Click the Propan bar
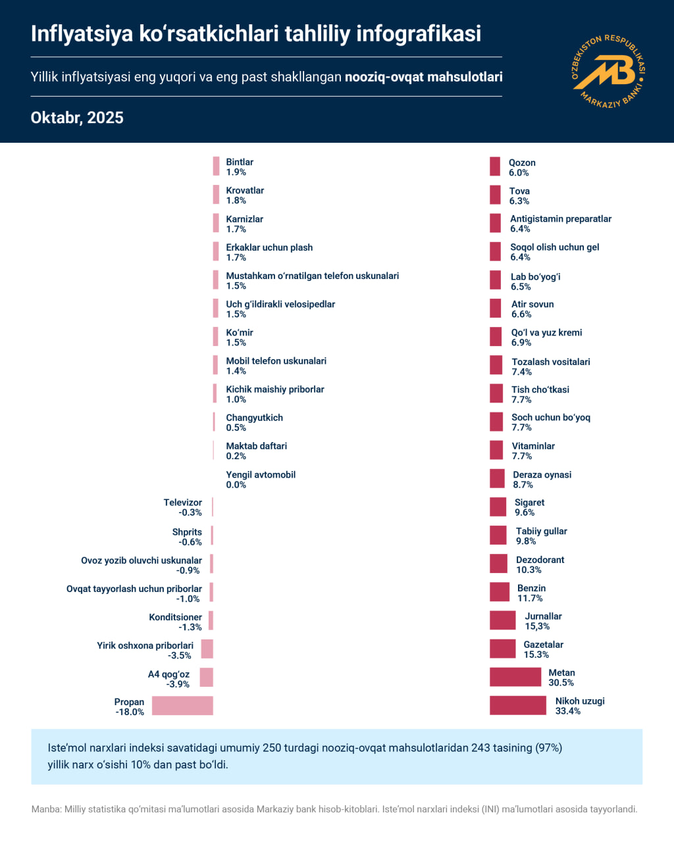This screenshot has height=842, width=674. point(182,706)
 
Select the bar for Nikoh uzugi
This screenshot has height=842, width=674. point(517,705)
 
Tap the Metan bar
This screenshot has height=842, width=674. point(515,677)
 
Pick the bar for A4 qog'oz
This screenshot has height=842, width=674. point(206,678)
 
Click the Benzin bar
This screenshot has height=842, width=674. point(499,592)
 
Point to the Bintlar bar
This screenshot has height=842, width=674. point(216,166)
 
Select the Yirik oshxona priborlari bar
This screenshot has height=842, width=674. point(207,649)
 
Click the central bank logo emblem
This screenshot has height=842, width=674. point(609,72)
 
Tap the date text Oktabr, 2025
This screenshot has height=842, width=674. point(77,118)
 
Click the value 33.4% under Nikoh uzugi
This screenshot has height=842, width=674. point(568,711)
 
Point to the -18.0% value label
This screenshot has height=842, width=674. point(130,712)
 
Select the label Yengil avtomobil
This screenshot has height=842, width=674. point(261,474)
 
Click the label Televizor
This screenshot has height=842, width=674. point(182,503)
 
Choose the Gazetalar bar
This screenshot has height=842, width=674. point(502,649)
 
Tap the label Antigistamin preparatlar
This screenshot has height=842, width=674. point(561,218)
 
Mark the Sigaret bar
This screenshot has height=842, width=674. point(498,507)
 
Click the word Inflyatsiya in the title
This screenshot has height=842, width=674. point(82,34)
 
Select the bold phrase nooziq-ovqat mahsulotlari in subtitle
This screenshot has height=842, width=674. point(423,77)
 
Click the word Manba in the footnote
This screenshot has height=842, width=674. point(45,809)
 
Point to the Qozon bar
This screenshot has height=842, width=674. point(495,166)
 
